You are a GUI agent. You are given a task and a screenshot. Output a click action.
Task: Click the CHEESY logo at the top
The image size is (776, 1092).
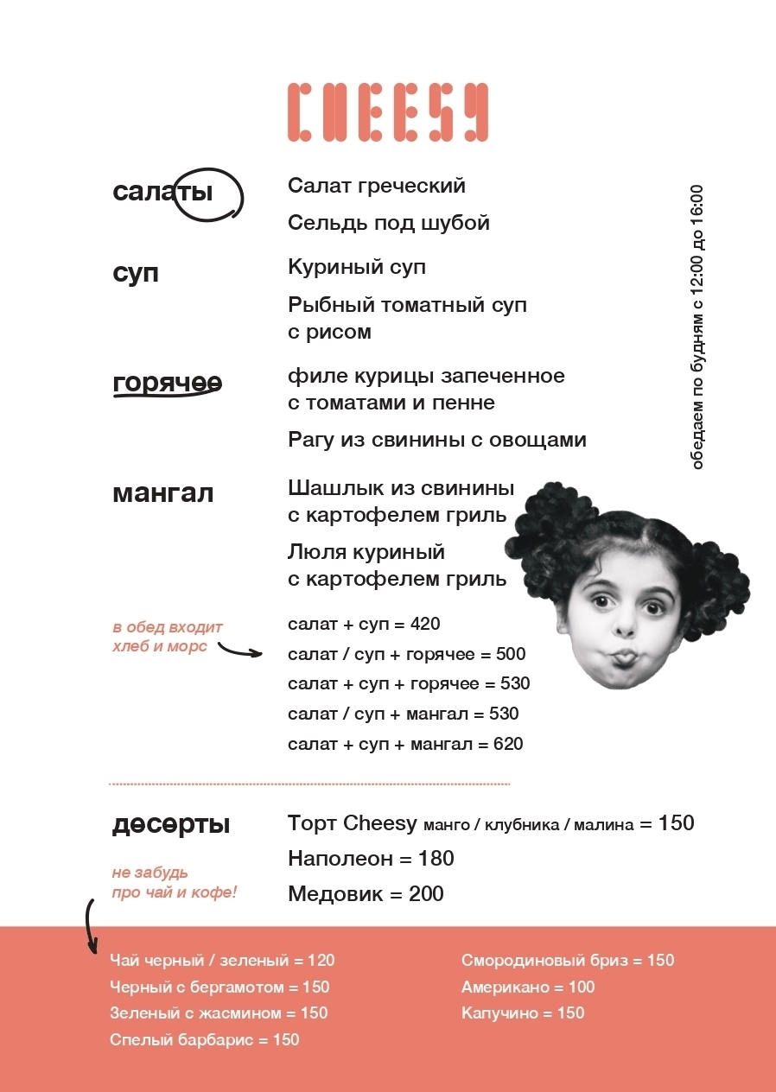387,112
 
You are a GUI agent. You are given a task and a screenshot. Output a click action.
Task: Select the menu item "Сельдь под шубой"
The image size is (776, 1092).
389,223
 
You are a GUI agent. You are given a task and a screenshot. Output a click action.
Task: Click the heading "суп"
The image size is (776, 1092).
136,274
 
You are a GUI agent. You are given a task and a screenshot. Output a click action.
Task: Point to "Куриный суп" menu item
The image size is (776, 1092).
357,267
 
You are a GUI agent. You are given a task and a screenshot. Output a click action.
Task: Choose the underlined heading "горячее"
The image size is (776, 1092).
167,383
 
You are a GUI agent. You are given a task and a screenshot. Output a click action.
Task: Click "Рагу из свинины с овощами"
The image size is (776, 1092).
437,440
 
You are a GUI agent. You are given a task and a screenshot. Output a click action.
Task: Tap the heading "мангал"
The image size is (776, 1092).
162,494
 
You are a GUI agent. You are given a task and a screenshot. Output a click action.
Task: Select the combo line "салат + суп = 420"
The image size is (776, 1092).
365,624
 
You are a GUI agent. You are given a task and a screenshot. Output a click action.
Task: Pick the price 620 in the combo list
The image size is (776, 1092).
508,744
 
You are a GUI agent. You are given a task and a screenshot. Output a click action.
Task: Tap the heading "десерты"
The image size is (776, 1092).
171,825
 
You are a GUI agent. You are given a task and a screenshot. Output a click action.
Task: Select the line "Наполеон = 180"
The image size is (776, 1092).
371,859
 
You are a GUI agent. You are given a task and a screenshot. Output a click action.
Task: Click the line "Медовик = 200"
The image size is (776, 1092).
366,894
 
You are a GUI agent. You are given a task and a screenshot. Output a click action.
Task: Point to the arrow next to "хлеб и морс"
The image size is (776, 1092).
239,649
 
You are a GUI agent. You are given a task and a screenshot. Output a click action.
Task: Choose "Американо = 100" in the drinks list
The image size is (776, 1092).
528,987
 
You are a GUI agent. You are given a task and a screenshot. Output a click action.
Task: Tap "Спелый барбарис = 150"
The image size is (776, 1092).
205,1040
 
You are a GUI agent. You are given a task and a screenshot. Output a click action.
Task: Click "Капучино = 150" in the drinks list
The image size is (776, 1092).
523,1013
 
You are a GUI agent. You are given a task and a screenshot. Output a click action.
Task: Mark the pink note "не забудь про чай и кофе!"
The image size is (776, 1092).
174,883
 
